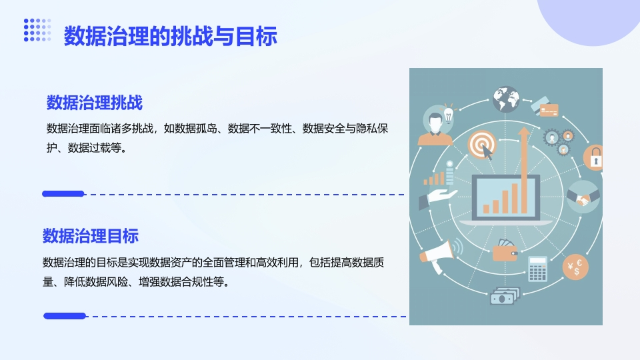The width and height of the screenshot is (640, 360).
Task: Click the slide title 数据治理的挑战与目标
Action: (x=171, y=36)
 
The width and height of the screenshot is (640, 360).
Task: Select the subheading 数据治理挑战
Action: (x=94, y=103)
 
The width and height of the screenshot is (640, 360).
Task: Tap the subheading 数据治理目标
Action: (x=91, y=236)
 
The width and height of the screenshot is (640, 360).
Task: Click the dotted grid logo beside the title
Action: (x=37, y=30)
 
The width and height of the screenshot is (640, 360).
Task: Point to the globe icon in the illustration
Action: (x=506, y=99)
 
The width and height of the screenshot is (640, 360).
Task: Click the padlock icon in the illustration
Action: (x=594, y=157)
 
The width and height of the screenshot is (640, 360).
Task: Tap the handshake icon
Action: (x=583, y=197)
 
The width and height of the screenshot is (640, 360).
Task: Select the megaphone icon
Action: (x=439, y=254)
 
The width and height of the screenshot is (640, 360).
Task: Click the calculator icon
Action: (x=537, y=269)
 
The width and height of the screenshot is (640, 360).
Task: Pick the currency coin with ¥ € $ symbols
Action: (x=575, y=267)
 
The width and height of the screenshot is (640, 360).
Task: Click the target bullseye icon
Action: (x=482, y=144)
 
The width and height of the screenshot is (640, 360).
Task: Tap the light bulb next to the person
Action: (x=449, y=114)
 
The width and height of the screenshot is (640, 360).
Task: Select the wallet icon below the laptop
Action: (x=505, y=251)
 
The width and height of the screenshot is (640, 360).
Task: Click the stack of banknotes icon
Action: (x=505, y=295)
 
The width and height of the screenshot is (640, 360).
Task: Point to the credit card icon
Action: (x=545, y=107)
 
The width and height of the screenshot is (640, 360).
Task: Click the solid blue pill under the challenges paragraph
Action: (x=63, y=194)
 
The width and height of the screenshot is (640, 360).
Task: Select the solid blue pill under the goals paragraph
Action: (x=65, y=315)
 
